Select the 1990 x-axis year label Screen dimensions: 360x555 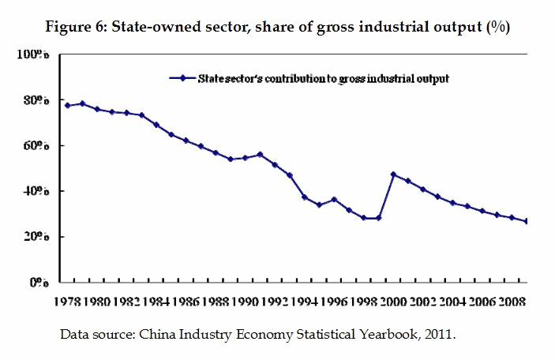pyautogui.click(x=246, y=301)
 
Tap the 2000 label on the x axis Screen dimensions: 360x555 pyautogui.click(x=392, y=301)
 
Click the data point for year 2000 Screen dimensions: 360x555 pyautogui.click(x=393, y=174)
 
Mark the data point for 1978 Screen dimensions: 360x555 pyautogui.click(x=67, y=105)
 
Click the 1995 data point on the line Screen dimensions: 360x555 pyautogui.click(x=319, y=205)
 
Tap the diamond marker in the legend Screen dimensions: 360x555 pyautogui.click(x=183, y=78)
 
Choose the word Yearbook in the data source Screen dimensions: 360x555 pyautogui.click(x=376, y=334)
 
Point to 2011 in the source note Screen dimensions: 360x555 pyautogui.click(x=439, y=334)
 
